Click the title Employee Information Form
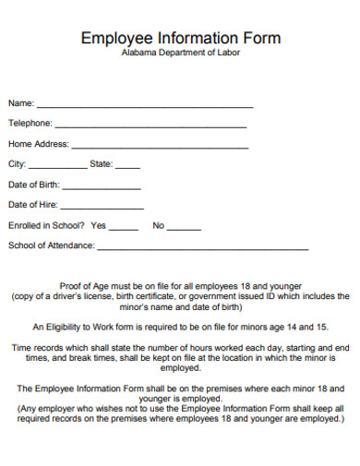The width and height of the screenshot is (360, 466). pos(181,38)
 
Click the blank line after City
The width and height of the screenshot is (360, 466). pos(57,168)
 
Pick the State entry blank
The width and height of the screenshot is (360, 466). pos(128,168)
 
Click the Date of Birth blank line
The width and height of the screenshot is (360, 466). pos(102,188)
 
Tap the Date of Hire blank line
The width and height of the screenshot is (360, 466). pos(102,209)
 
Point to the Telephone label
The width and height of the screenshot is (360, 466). pos(30,123)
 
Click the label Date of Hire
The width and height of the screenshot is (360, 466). pos(32,205)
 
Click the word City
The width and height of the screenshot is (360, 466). pos(17,164)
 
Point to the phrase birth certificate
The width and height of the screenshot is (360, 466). pos(140,296)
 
